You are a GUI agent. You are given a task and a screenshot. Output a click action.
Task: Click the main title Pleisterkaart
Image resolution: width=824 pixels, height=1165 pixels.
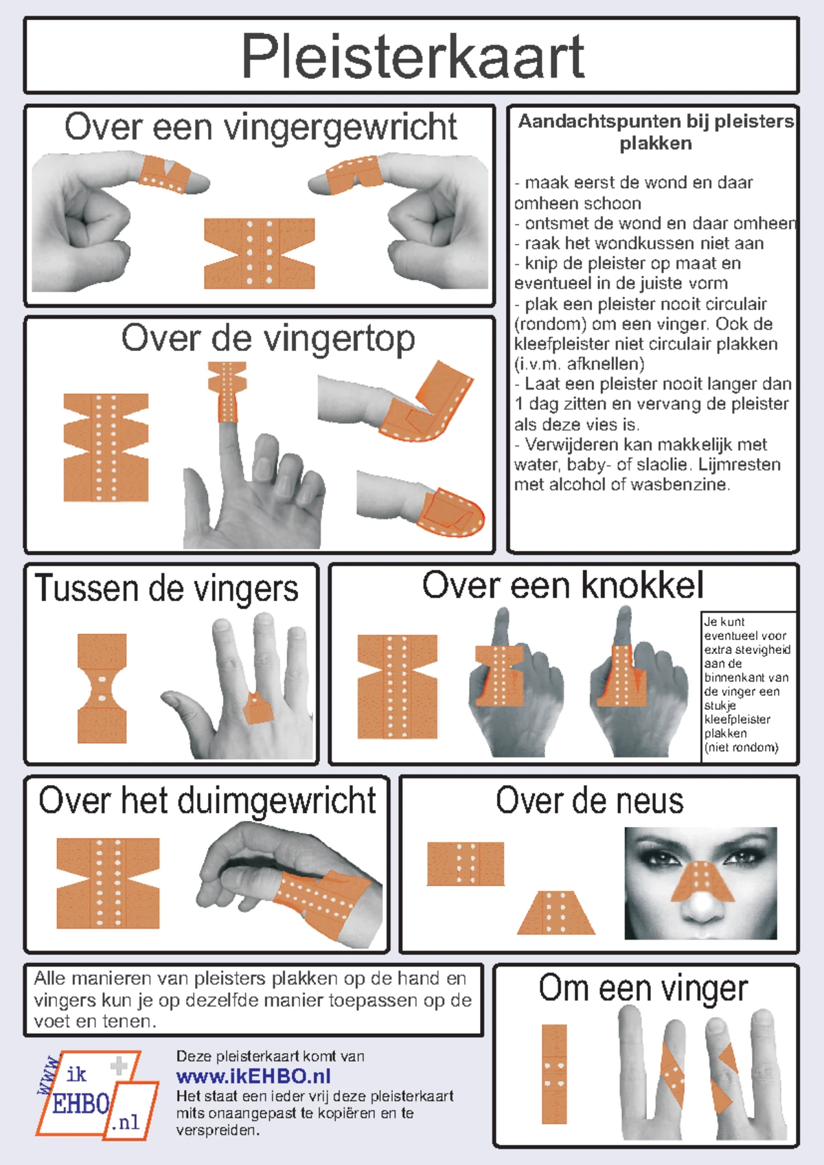click(x=412, y=56)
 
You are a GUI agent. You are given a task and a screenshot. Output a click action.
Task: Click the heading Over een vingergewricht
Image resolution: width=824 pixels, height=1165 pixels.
click(x=260, y=128)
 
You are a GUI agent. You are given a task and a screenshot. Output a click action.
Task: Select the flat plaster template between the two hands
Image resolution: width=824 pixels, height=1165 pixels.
click(x=260, y=253)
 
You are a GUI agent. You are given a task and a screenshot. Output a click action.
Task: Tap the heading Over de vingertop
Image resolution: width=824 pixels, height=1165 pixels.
click(x=268, y=339)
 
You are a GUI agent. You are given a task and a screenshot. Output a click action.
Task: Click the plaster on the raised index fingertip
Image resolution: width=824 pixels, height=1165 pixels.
click(x=227, y=392)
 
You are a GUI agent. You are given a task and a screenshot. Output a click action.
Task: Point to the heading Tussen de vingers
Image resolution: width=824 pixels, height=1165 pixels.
click(x=167, y=589)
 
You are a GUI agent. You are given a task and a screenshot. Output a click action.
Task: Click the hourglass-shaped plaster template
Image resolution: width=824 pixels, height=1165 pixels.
click(x=102, y=688)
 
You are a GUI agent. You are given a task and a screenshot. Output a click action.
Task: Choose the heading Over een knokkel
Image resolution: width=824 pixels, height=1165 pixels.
click(x=562, y=586)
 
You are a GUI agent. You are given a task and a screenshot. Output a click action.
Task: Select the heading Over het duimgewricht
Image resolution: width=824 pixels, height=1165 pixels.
click(x=207, y=801)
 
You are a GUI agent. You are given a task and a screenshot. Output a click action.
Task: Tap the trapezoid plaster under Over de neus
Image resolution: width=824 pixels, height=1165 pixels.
click(x=556, y=913)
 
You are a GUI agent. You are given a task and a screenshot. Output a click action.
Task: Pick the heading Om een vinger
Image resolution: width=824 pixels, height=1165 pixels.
click(x=643, y=989)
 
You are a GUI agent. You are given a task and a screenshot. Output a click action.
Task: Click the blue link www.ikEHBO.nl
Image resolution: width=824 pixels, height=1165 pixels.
click(x=253, y=1076)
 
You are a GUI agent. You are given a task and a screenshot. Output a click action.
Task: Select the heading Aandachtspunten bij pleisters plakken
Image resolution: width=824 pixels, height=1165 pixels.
click(x=656, y=132)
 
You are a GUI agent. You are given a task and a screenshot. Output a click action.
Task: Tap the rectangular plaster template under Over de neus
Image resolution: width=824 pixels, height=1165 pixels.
click(x=466, y=863)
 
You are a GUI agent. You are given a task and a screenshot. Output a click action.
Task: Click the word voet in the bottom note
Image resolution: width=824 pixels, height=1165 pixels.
click(x=50, y=1021)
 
